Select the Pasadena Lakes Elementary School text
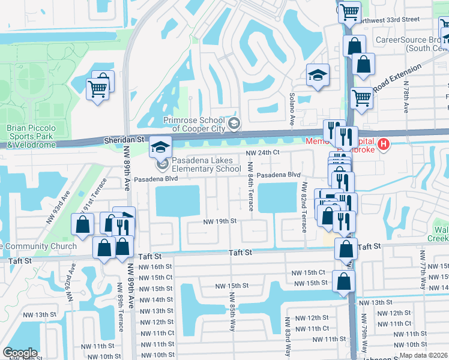[x=206, y=164]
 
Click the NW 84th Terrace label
[x=250, y=189]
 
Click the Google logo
[x=20, y=353]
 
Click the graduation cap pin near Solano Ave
[x=318, y=76]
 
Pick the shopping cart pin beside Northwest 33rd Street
[x=349, y=11]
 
